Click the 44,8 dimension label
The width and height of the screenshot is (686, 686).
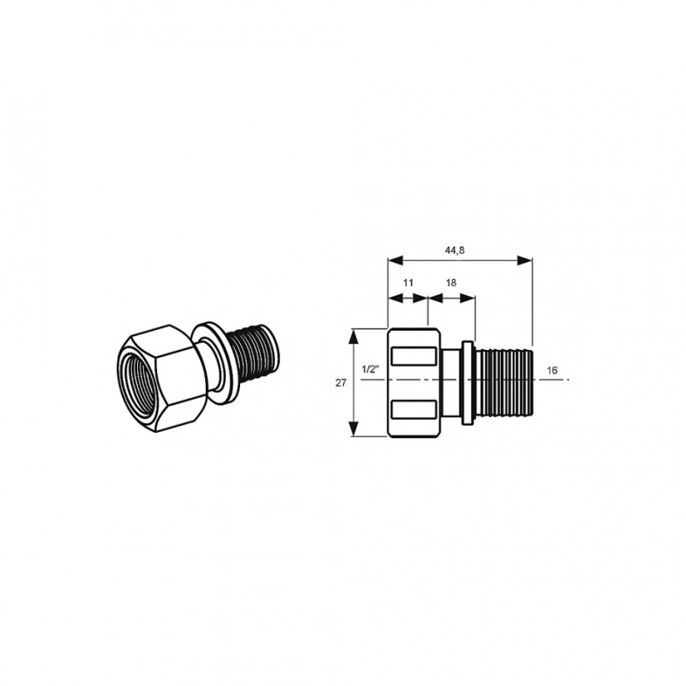coord(454,250)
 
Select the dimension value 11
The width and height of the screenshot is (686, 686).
coord(408,283)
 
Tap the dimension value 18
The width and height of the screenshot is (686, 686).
coord(451,283)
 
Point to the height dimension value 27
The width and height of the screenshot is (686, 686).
coord(341,383)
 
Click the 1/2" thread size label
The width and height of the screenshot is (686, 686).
coord(370,369)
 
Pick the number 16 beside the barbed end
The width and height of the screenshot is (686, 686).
coord(552,370)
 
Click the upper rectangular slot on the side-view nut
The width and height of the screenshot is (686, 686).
coord(414,356)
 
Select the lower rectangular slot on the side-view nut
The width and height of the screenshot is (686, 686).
coord(414,409)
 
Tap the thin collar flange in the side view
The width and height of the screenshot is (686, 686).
coord(468,383)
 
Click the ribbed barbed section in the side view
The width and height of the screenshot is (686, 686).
coord(504,383)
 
